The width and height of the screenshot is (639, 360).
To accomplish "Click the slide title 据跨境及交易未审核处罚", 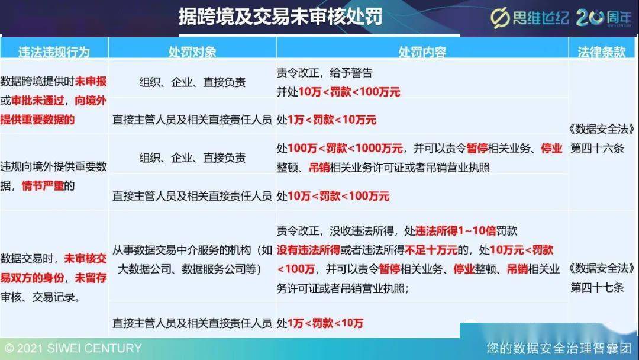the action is point(280,17).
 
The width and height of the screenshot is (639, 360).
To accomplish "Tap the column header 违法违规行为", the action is point(54,52).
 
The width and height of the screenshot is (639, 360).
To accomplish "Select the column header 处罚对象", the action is point(192,52).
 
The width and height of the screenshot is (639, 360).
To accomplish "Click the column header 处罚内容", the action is point(422,52).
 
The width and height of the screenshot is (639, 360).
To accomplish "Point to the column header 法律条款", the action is point(602,52).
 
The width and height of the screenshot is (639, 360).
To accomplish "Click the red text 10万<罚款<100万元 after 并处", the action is point(349,92).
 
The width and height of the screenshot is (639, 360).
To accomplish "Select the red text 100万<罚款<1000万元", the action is point(345,148).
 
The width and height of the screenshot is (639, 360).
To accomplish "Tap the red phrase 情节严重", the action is point(43,186).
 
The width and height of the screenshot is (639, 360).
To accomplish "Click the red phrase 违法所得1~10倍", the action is point(456,231).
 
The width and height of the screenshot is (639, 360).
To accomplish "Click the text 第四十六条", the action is point(597,148).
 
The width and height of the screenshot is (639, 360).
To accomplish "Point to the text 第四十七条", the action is point(597,287).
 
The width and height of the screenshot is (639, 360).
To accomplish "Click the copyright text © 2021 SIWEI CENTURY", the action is point(73,349).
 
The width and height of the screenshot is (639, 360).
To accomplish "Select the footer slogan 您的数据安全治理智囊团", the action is point(559,348).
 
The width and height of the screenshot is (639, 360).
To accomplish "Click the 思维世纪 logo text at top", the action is point(530,18).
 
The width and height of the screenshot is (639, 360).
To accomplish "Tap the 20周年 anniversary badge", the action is point(604,18).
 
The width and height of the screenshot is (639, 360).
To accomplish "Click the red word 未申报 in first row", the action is point(91,81).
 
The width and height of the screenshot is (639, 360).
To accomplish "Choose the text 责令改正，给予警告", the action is point(324,73).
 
